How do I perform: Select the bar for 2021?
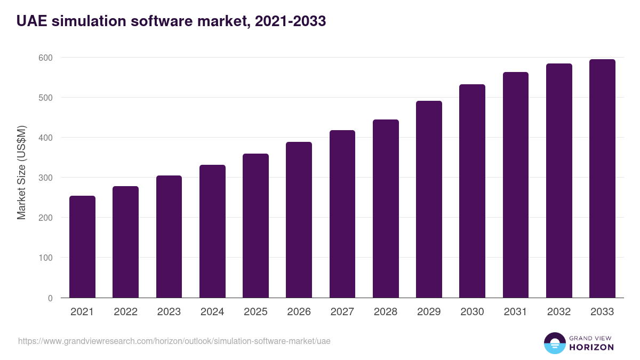click(x=82, y=247)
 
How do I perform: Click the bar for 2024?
click(x=212, y=231)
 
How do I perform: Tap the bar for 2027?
click(x=342, y=214)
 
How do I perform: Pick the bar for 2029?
click(x=429, y=199)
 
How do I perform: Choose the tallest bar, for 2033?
click(x=602, y=179)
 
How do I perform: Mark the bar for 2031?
click(x=516, y=185)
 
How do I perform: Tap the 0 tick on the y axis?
click(x=50, y=298)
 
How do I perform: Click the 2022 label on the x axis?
click(x=125, y=312)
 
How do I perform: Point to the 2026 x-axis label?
click(x=299, y=312)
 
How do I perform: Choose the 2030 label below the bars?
click(x=472, y=312)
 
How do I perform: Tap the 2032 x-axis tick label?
click(x=559, y=312)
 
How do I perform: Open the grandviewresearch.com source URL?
click(x=174, y=341)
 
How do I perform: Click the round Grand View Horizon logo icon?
click(x=555, y=343)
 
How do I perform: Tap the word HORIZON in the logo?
click(x=591, y=347)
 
